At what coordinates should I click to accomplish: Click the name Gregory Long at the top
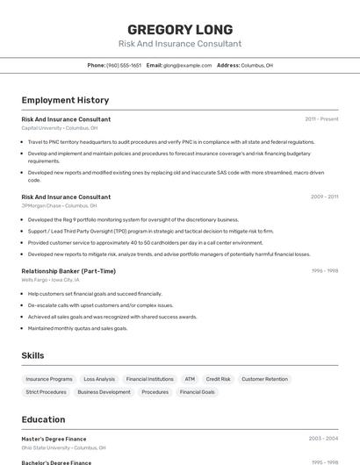(x=180, y=28)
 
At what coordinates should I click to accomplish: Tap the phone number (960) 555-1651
(x=124, y=65)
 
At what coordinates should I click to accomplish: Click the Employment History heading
(x=65, y=100)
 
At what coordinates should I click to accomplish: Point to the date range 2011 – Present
(x=321, y=119)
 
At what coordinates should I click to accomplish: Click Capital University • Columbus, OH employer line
(x=59, y=128)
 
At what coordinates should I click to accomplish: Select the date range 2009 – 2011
(x=324, y=197)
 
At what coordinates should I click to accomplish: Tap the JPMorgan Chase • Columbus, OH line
(x=59, y=206)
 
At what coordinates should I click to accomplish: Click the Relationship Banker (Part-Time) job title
(x=68, y=271)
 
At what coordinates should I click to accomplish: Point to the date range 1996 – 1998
(x=325, y=271)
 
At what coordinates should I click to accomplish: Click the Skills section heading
(x=33, y=355)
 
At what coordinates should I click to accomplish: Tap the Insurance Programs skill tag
(x=49, y=379)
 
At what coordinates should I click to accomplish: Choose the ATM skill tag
(x=190, y=379)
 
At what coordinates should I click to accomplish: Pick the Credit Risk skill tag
(x=219, y=379)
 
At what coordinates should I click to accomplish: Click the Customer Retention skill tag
(x=264, y=379)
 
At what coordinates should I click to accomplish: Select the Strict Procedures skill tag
(x=46, y=392)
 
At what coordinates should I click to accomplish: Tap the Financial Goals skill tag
(x=197, y=392)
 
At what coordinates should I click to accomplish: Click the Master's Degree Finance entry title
(x=54, y=438)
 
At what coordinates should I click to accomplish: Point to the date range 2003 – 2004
(x=323, y=438)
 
